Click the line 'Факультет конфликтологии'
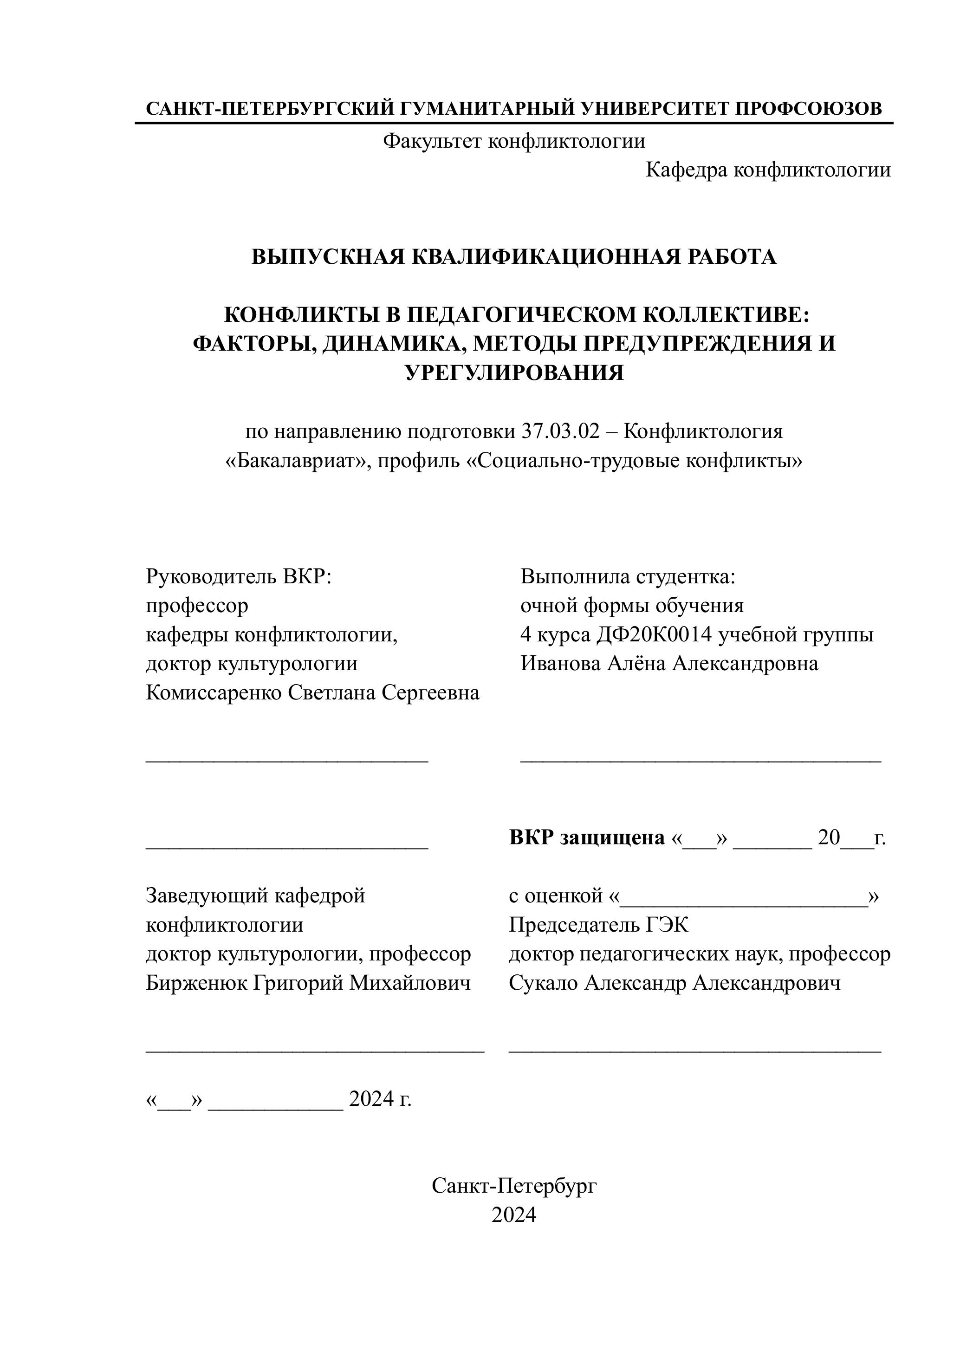pyautogui.click(x=514, y=141)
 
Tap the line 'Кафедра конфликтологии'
pyautogui.click(x=768, y=170)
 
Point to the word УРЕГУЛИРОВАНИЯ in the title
pyautogui.click(x=514, y=372)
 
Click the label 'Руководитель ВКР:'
pyautogui.click(x=239, y=577)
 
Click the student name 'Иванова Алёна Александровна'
pyautogui.click(x=669, y=664)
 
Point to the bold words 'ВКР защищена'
pyautogui.click(x=586, y=837)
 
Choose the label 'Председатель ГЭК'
pyautogui.click(x=598, y=925)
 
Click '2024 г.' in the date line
pyautogui.click(x=380, y=1098)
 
